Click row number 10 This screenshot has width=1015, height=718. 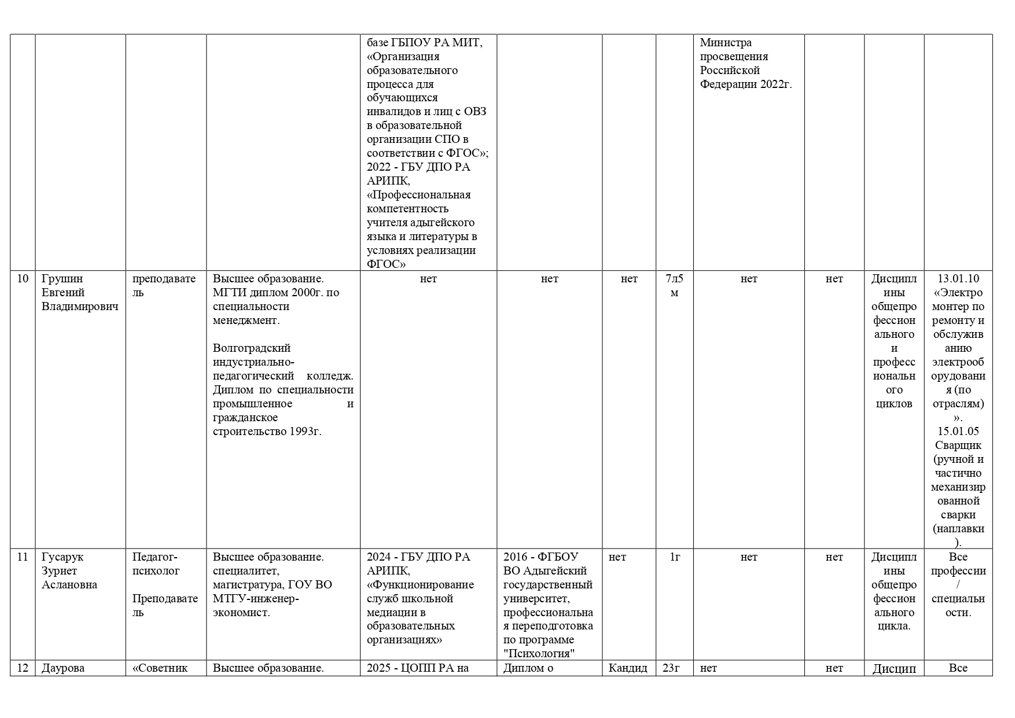23,279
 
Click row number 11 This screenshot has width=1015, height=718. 23,557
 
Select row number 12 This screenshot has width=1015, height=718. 23,668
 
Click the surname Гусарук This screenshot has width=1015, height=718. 62,557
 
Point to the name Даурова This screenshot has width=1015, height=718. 63,668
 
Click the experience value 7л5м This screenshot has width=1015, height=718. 674,286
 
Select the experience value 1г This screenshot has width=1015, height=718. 675,557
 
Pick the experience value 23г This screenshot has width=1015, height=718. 671,668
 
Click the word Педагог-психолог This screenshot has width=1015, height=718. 156,564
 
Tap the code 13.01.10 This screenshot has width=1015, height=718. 958,279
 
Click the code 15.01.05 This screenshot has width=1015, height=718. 958,432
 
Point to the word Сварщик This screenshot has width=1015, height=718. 958,445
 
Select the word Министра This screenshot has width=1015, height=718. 726,43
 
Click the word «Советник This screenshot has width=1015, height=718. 160,668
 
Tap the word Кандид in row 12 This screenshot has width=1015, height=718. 628,668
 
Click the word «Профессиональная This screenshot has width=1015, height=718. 419,195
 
